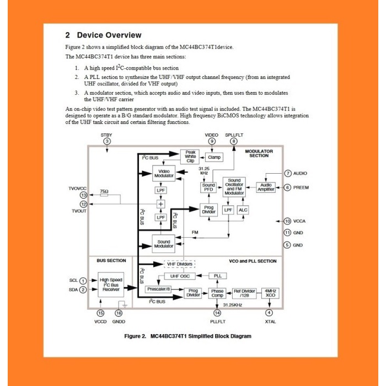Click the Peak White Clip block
(191, 157)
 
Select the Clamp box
(215, 157)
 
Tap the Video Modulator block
(166, 174)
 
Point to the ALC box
(244, 210)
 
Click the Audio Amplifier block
(266, 187)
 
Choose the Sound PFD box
(208, 188)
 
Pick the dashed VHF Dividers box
(180, 264)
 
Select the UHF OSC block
(180, 276)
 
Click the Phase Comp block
(217, 293)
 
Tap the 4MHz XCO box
(270, 293)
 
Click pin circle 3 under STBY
(107, 141)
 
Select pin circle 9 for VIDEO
(212, 141)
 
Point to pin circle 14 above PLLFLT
(217, 313)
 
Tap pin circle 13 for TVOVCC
(83, 195)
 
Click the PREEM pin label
(301, 187)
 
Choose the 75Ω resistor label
(104, 191)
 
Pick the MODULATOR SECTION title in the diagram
(259, 153)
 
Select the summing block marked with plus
(161, 204)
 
